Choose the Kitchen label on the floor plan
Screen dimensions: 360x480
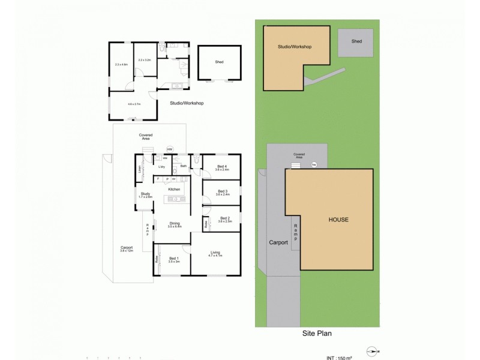click(x=174, y=189)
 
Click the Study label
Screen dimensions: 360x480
click(x=145, y=194)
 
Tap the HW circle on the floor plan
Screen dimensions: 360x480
click(x=170, y=149)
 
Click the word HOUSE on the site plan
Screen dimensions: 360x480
click(x=338, y=220)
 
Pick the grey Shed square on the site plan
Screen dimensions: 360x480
click(x=357, y=41)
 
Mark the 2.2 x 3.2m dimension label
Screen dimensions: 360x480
click(x=144, y=60)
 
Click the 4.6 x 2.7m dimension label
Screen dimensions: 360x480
click(x=133, y=104)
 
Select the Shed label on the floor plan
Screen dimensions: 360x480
click(x=219, y=61)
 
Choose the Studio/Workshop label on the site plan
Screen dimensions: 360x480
click(x=294, y=46)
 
